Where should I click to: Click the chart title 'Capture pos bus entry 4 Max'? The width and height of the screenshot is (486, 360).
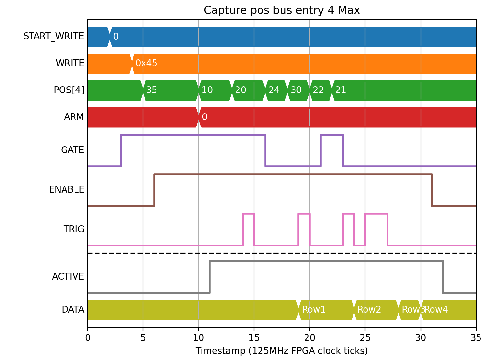point(282,10)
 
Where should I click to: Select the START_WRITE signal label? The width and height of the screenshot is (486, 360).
point(53,36)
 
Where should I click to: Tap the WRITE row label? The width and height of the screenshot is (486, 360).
point(70,63)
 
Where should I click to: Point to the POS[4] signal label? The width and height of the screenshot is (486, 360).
point(69,90)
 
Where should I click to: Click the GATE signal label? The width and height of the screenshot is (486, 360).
point(72,150)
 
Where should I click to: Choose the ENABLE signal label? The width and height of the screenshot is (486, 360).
point(67,189)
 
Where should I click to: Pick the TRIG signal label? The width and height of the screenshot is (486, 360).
point(74,229)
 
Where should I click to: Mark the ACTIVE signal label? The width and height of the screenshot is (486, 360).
point(68,276)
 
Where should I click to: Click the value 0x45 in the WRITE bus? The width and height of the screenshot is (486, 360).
point(146,63)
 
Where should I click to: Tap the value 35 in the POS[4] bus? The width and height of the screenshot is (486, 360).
point(152,90)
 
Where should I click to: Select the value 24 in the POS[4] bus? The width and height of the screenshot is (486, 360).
point(274,90)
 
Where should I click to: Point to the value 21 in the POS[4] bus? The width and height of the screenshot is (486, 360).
point(341,90)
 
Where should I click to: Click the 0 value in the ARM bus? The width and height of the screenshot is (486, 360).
point(205,117)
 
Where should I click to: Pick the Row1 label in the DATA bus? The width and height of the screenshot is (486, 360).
point(314,310)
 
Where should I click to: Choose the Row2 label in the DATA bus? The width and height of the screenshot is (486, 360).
point(369,310)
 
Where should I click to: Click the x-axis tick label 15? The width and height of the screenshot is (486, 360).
point(254,338)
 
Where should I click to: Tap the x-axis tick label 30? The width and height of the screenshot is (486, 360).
point(421,338)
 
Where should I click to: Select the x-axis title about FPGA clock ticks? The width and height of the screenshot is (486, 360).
point(282,351)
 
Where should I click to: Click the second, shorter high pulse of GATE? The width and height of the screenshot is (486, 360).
point(332,135)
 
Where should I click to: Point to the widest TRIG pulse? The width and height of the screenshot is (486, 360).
point(376,214)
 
